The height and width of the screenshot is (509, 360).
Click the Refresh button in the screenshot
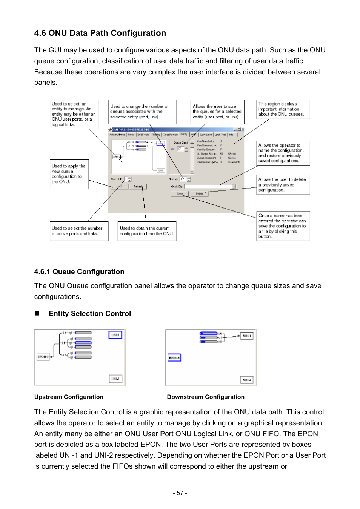click(x=138, y=186)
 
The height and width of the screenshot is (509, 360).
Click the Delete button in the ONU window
click(x=200, y=194)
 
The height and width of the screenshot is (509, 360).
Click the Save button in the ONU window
click(x=180, y=194)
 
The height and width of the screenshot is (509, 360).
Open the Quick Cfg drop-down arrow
click(x=234, y=186)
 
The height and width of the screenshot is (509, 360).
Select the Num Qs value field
click(x=183, y=179)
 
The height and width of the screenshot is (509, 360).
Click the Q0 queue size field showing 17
click(x=180, y=149)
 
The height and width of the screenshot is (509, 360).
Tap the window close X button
click(x=243, y=129)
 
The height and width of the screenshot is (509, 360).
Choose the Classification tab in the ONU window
click(x=170, y=135)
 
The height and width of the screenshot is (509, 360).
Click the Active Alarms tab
click(x=117, y=135)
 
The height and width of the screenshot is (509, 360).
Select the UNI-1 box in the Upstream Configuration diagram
click(x=115, y=335)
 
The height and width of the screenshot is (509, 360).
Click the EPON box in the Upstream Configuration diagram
click(x=43, y=356)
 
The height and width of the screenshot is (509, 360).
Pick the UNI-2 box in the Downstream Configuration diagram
click(x=247, y=380)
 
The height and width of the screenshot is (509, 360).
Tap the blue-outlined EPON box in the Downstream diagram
click(x=174, y=357)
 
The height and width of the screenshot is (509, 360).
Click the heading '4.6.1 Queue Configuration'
click(x=79, y=272)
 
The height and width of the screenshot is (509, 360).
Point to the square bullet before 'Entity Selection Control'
click(x=37, y=313)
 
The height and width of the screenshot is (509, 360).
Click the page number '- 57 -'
click(x=180, y=493)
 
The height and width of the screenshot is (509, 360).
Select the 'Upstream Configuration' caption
click(x=69, y=397)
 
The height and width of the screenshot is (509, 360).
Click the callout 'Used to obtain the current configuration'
click(x=147, y=231)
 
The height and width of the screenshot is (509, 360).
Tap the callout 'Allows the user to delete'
click(x=283, y=185)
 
